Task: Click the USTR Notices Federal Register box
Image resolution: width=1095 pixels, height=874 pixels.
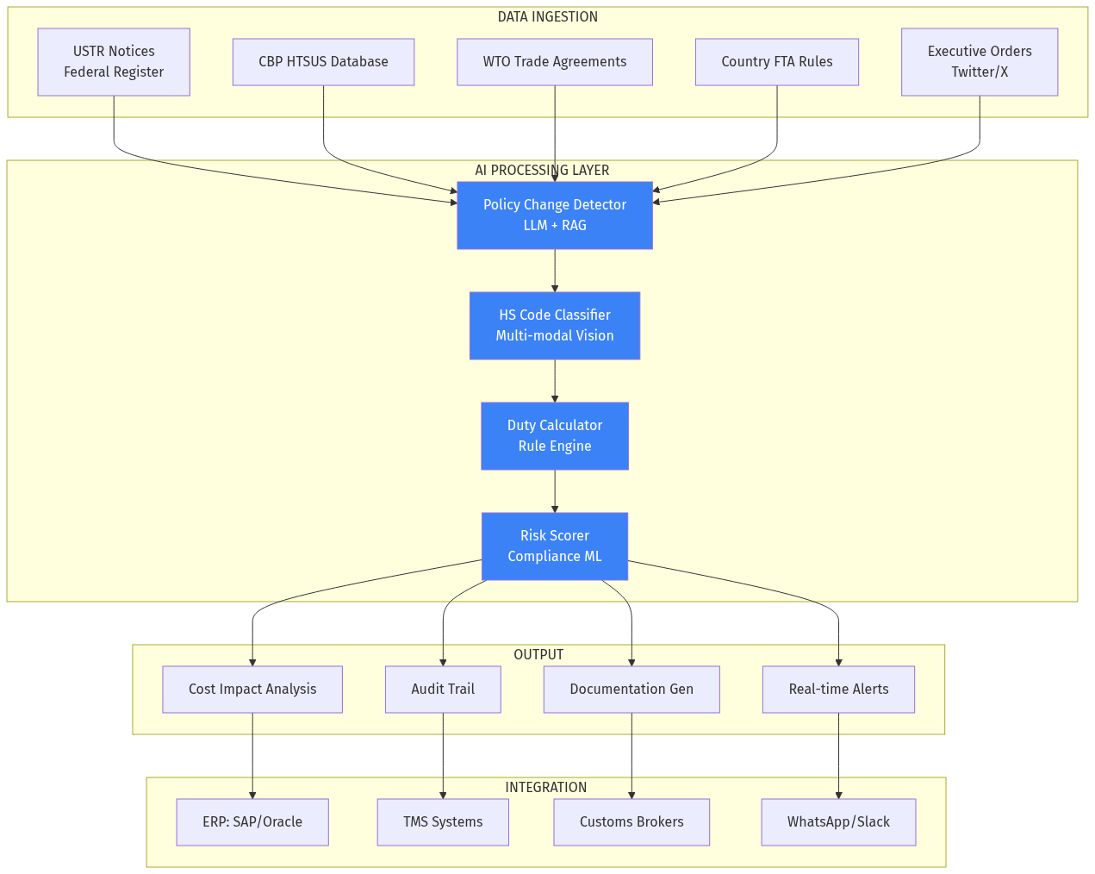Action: tap(114, 62)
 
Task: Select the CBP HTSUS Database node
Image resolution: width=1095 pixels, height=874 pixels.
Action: tap(323, 62)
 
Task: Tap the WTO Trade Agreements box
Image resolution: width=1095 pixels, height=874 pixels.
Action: tap(554, 62)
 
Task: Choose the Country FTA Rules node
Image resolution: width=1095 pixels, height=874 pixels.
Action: tap(776, 62)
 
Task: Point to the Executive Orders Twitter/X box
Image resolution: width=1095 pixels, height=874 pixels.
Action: tap(979, 62)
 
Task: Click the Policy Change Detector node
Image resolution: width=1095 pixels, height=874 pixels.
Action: tap(554, 215)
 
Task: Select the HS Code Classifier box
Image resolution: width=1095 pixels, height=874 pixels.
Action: tap(554, 326)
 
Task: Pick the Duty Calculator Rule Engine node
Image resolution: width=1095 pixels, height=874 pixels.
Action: tap(554, 436)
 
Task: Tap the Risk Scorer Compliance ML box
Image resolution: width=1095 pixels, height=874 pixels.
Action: tap(554, 546)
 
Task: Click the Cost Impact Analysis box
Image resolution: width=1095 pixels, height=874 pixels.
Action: tap(252, 690)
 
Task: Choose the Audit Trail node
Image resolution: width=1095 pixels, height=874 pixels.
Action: tap(443, 690)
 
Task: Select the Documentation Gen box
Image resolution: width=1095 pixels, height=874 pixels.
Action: tap(631, 690)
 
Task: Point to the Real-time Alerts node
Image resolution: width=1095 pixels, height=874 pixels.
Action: tap(838, 690)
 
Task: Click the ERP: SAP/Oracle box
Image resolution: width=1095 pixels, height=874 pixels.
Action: tap(252, 822)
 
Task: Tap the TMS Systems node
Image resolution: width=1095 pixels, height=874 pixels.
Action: tap(443, 822)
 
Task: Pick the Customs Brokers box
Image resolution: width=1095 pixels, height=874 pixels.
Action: tap(631, 822)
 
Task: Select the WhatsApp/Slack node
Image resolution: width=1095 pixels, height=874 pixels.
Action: tap(838, 822)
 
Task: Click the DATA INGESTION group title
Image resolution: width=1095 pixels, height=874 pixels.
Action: tap(547, 17)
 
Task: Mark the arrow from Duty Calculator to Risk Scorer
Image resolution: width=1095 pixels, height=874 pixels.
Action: tap(555, 491)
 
